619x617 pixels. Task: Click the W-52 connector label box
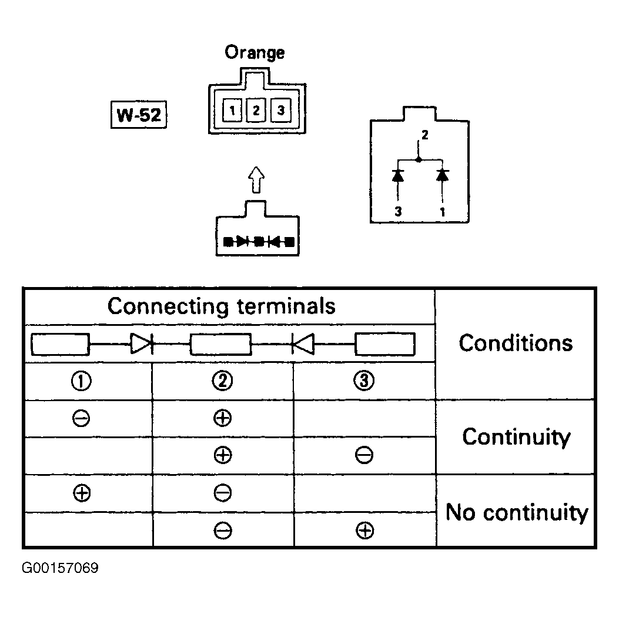tap(139, 115)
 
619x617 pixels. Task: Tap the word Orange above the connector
tap(255, 52)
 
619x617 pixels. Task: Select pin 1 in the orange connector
tap(232, 110)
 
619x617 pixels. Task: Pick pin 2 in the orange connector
tap(256, 110)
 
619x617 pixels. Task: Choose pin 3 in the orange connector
tap(280, 110)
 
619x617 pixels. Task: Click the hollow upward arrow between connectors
tap(257, 180)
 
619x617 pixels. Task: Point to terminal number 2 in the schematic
tap(425, 135)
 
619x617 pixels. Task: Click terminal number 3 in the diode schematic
tap(398, 212)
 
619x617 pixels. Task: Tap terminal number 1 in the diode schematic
tap(443, 212)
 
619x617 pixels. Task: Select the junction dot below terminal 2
tap(419, 159)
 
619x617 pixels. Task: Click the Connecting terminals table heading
tap(222, 306)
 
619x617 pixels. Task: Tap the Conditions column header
tap(516, 343)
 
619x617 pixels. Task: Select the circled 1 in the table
tap(81, 381)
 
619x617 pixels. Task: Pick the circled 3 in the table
tap(364, 381)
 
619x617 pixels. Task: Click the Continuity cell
tap(516, 437)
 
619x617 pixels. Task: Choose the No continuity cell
tap(517, 512)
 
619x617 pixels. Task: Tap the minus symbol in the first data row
tap(81, 418)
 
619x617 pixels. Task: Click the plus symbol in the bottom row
tap(365, 531)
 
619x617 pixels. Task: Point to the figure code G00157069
tap(60, 568)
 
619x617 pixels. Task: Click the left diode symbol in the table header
tap(141, 343)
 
